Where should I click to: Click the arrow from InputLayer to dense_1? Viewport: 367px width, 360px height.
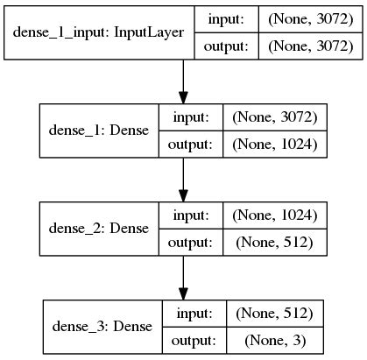click(183, 83)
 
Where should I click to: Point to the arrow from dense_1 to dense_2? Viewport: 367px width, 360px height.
click(183, 180)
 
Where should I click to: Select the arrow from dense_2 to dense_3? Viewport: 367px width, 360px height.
click(183, 278)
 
